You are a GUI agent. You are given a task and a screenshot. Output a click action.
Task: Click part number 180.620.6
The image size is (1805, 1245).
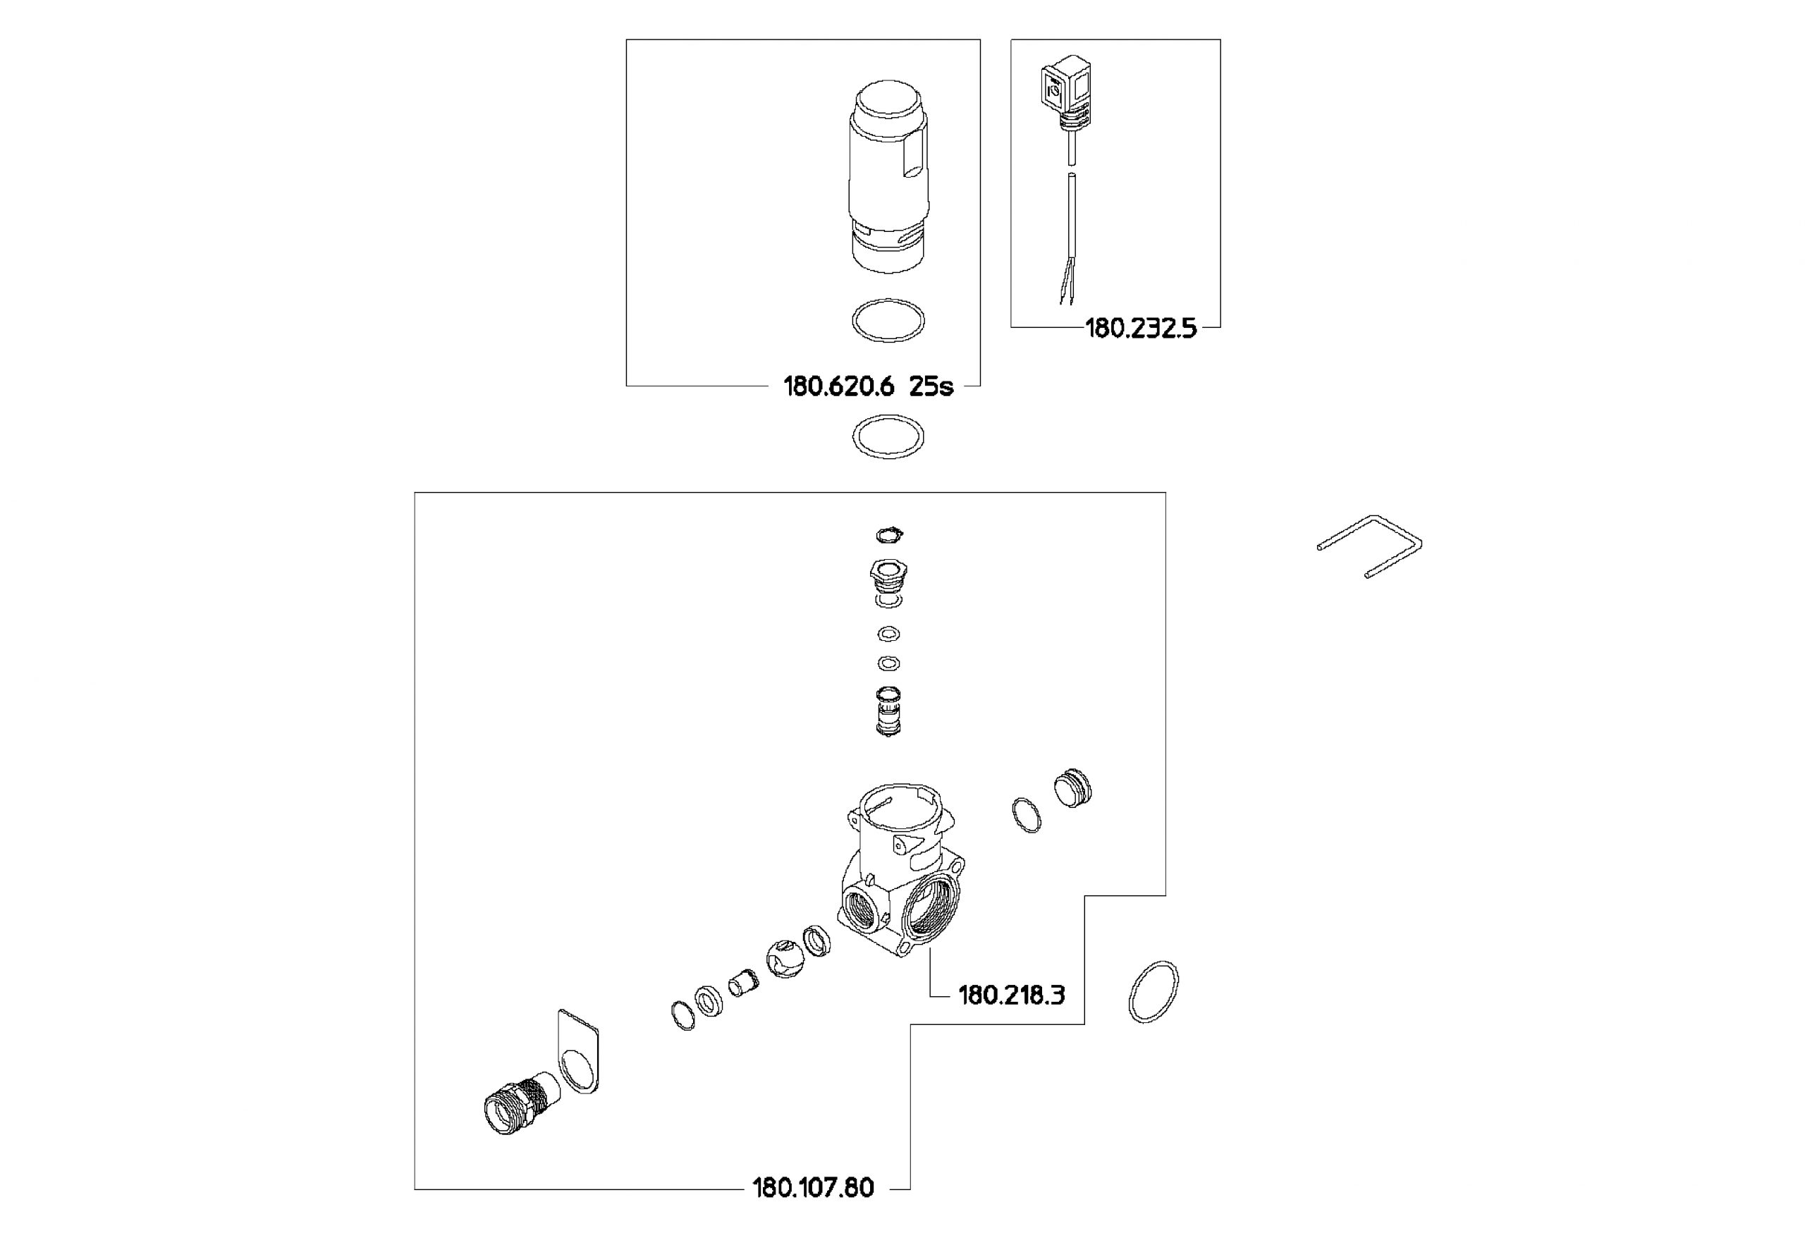(x=838, y=386)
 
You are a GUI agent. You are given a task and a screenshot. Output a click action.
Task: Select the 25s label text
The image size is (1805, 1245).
(x=931, y=386)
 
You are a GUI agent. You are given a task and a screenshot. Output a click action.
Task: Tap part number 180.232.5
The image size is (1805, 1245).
(x=1140, y=329)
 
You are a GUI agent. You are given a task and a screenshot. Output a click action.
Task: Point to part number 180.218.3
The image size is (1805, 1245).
(x=1011, y=995)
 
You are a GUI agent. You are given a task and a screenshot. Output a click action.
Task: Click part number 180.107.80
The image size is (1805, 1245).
(x=813, y=1188)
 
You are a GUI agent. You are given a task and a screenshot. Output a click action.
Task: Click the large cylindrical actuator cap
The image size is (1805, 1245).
(x=888, y=176)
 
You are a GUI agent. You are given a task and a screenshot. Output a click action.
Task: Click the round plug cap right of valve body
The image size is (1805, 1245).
(x=1072, y=788)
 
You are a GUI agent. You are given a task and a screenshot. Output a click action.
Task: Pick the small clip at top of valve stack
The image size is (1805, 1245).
(x=889, y=535)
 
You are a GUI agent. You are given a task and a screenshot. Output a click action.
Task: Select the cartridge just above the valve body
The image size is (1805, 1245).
(x=888, y=711)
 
